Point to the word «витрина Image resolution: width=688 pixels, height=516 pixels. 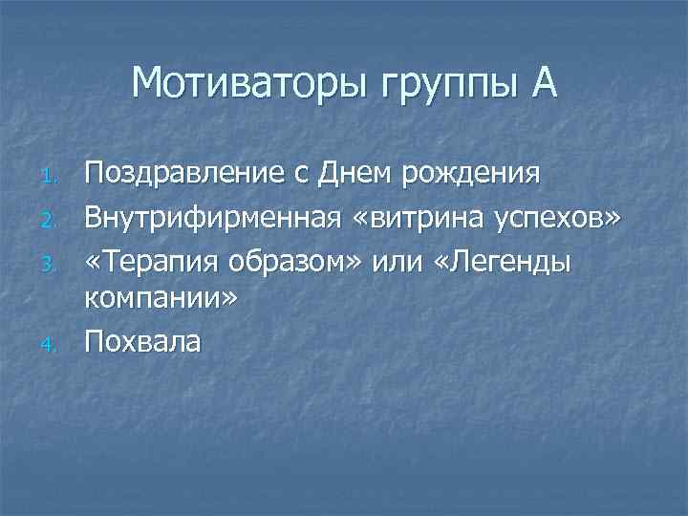pyautogui.click(x=412, y=218)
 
